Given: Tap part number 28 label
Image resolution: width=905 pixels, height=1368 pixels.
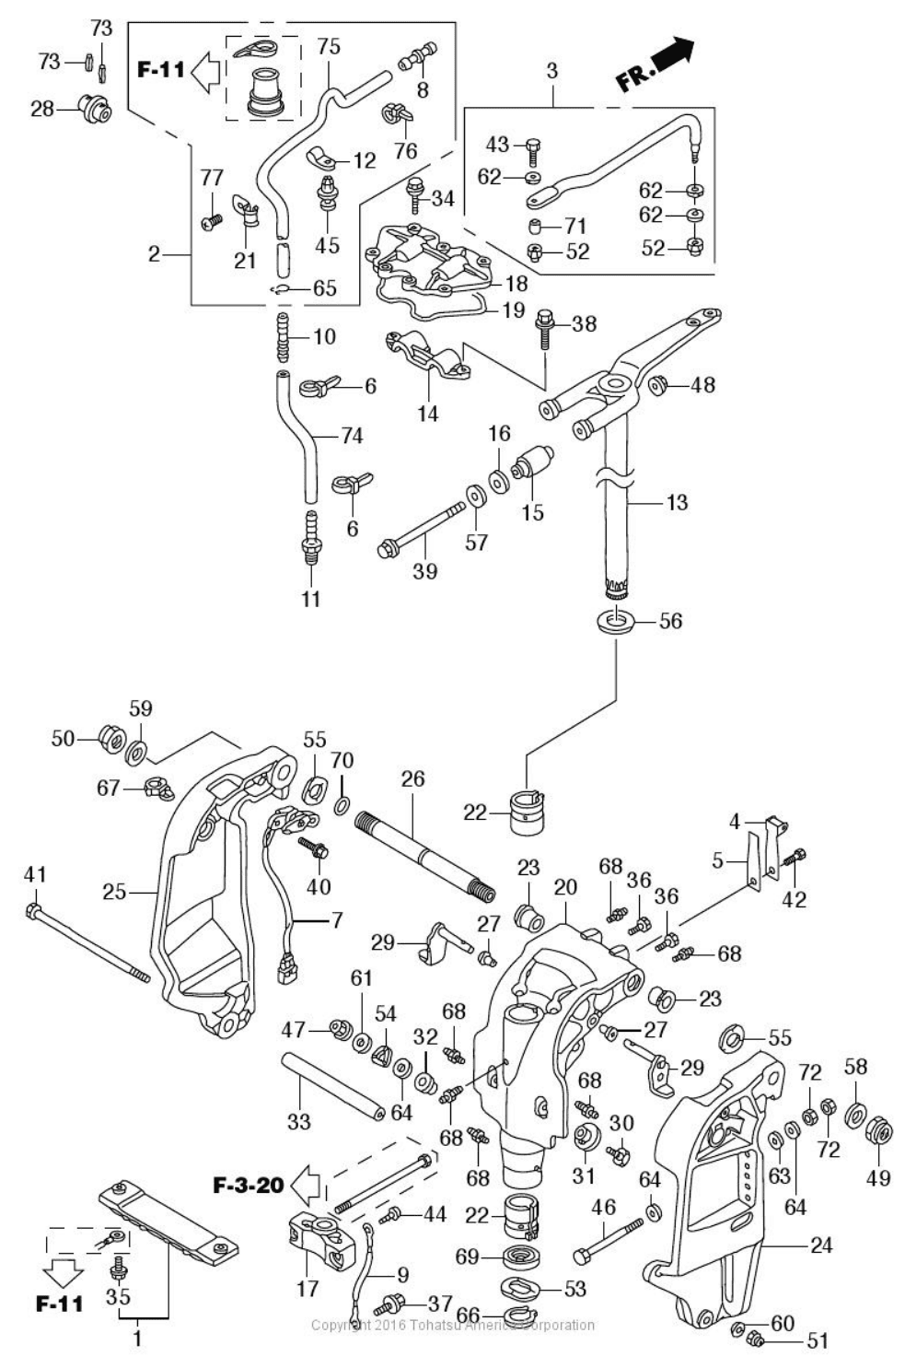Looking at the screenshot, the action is tap(42, 110).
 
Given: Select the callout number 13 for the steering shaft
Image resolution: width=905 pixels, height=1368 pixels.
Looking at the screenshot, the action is tap(677, 503).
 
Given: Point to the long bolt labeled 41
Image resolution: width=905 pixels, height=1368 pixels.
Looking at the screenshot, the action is tap(87, 944).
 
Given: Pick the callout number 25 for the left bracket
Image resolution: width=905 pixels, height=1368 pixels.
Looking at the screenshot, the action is tap(114, 892).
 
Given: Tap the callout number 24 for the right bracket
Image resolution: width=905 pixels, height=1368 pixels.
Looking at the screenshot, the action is tap(821, 1245).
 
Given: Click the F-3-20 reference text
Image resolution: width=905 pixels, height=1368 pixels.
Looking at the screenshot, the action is tap(249, 1185).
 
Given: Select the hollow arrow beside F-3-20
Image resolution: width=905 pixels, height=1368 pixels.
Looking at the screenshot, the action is tap(306, 1184).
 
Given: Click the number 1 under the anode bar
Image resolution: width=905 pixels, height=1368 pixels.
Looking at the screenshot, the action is tap(137, 1339).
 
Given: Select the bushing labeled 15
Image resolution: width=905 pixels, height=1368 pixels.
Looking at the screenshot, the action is tap(532, 464).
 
